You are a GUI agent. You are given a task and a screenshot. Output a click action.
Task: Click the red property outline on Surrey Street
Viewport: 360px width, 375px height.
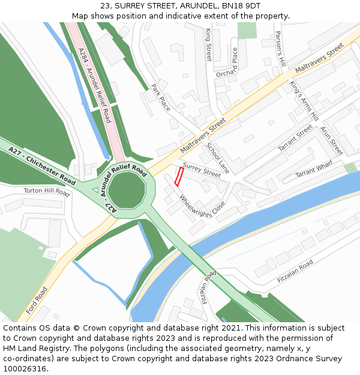tap(179, 176)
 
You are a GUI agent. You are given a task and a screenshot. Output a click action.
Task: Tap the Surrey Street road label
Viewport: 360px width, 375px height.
tap(202, 170)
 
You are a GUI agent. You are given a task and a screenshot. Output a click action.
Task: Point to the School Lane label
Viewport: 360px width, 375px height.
tap(218, 158)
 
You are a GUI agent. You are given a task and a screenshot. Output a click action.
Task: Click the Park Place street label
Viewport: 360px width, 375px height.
tap(161, 97)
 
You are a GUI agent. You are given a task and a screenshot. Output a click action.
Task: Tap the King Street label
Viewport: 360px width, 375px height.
tap(209, 44)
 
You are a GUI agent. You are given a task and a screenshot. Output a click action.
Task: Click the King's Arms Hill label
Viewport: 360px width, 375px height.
tap(304, 103)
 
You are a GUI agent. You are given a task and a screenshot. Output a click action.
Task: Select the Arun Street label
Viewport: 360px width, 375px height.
tap(331, 140)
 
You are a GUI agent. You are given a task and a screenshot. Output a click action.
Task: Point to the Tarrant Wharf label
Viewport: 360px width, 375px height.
tap(313, 171)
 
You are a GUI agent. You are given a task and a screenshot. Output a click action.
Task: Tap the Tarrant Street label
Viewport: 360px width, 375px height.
tap(295, 138)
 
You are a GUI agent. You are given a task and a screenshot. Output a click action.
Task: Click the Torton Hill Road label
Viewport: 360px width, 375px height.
tap(47, 191)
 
